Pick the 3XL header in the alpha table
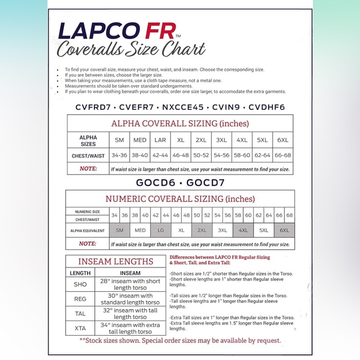222,140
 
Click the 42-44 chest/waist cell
160,155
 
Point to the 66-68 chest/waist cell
282,155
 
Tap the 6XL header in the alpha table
282,140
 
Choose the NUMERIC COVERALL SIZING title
180,199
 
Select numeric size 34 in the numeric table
114,215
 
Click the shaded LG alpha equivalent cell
160,230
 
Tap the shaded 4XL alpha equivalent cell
243,230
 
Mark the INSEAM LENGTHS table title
115,261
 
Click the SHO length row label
80,284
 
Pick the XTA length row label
80,328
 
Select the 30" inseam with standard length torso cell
130,299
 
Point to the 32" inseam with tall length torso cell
130,313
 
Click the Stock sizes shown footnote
180,340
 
